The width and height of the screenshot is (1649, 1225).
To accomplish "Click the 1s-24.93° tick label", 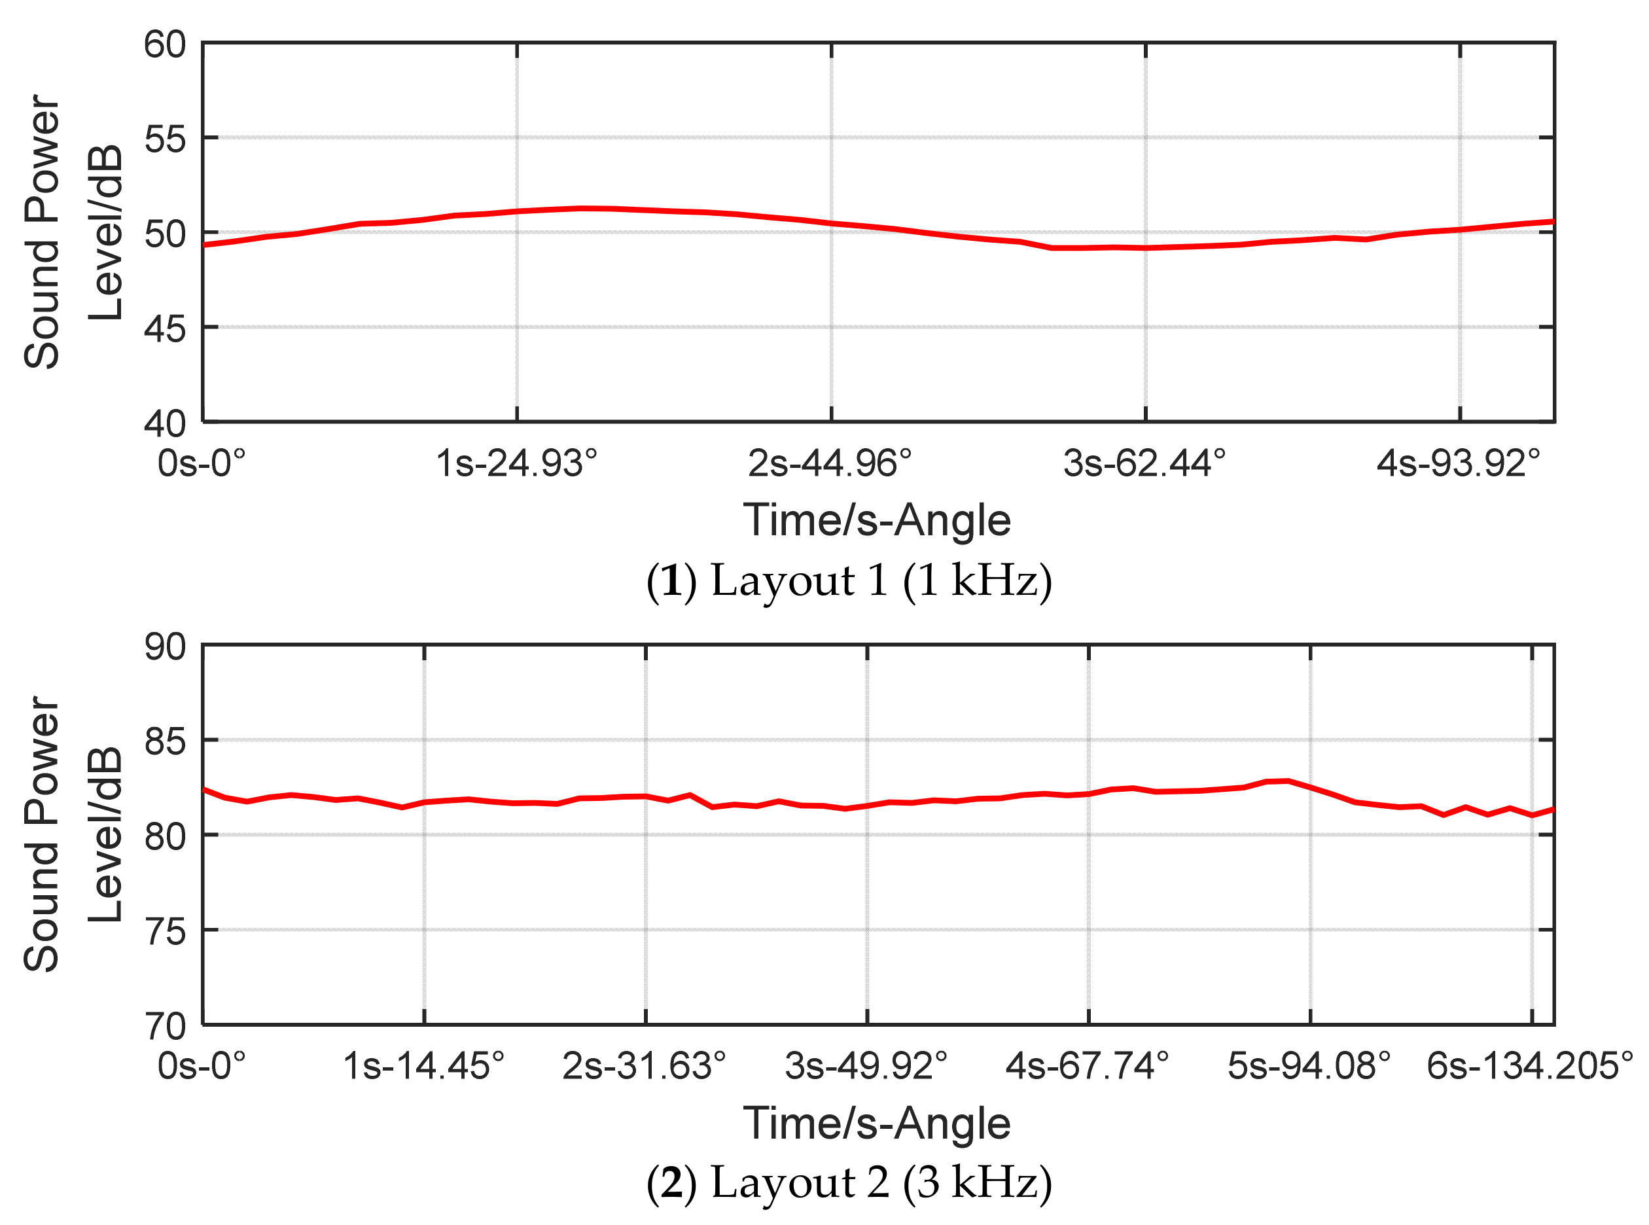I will point(516,464).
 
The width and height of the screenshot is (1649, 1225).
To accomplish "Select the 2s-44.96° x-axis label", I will point(830,464).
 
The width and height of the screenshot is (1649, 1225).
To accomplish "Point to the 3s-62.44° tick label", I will point(1144,464).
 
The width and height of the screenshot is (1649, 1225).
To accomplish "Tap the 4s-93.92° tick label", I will point(1459,464).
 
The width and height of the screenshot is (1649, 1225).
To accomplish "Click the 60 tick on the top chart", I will point(165,45).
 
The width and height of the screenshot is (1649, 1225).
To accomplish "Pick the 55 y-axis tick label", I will point(165,139).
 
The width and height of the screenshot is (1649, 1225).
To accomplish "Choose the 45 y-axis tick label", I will point(165,328).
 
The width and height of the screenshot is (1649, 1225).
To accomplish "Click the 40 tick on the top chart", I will point(165,423).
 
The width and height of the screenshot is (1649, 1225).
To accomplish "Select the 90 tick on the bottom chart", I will point(165,647).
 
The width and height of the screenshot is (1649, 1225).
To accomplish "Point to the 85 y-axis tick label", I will point(165,741).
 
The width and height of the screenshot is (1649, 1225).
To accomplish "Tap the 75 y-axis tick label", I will point(165,931).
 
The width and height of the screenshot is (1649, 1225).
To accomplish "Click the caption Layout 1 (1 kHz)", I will point(849,580).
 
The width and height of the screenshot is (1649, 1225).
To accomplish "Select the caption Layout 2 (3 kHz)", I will point(849,1182).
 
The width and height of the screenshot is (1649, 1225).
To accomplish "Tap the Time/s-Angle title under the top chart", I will point(876,520).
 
